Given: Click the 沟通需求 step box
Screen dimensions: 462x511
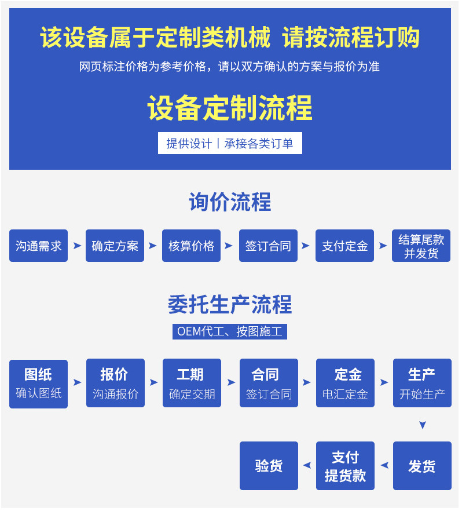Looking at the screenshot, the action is point(38,246).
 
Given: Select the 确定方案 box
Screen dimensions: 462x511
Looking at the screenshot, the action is point(115,246).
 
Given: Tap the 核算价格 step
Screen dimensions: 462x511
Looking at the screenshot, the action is point(191,246).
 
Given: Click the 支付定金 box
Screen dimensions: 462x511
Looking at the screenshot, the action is point(344,246).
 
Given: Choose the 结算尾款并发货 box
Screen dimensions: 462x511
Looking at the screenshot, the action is point(421,246).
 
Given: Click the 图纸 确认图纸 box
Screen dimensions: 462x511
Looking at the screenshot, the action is point(38,384).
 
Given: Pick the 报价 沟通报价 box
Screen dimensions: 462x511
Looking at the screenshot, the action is point(115,384).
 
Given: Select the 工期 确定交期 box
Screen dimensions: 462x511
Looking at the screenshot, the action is point(192,384).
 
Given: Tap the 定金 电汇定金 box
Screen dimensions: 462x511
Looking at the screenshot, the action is point(345,384).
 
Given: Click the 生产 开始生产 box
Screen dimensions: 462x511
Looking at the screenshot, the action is point(422,384).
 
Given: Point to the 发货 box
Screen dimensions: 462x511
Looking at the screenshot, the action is point(422,466).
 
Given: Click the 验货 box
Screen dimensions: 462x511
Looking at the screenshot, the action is point(269,466).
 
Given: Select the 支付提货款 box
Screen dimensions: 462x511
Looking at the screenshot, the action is point(345,466).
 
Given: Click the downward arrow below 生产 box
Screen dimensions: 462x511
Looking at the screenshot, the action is point(423,425).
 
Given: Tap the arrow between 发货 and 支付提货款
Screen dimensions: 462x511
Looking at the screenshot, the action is point(384,465).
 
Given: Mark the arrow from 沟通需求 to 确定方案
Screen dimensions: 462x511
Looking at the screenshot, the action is point(77,246).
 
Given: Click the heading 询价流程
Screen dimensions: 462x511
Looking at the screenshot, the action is point(230,202).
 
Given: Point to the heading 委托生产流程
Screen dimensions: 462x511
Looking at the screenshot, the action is point(230,304).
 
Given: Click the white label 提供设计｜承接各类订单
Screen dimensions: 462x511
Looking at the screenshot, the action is point(230,143).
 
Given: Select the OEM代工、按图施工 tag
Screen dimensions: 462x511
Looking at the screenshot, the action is point(230,331).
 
